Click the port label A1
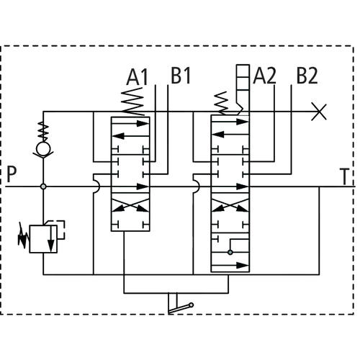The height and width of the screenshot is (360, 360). pyautogui.click(x=138, y=77)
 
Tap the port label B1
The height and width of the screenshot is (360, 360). pyautogui.click(x=181, y=76)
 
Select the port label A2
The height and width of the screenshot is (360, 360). pyautogui.click(x=264, y=76)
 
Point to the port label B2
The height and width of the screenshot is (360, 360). pyautogui.click(x=307, y=76)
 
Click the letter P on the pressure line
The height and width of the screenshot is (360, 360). pyautogui.click(x=12, y=174)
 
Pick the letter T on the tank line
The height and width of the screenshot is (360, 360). pyautogui.click(x=344, y=176)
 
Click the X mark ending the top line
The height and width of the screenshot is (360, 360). pyautogui.click(x=319, y=112)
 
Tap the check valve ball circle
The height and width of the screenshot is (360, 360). pyautogui.click(x=43, y=148)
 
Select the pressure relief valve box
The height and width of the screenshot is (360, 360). pyautogui.click(x=43, y=239)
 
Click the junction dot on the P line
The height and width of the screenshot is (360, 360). pyautogui.click(x=43, y=186)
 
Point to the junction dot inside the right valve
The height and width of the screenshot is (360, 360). pyautogui.click(x=230, y=252)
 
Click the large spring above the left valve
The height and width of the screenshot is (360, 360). pyautogui.click(x=133, y=102)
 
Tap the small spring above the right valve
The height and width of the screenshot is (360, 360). pyautogui.click(x=221, y=103)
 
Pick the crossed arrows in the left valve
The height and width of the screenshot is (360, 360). pyautogui.click(x=130, y=205)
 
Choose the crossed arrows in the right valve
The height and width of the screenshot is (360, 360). pyautogui.click(x=230, y=205)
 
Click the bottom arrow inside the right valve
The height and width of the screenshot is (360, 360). pyautogui.click(x=230, y=266)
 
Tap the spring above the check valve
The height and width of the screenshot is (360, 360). pyautogui.click(x=43, y=132)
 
